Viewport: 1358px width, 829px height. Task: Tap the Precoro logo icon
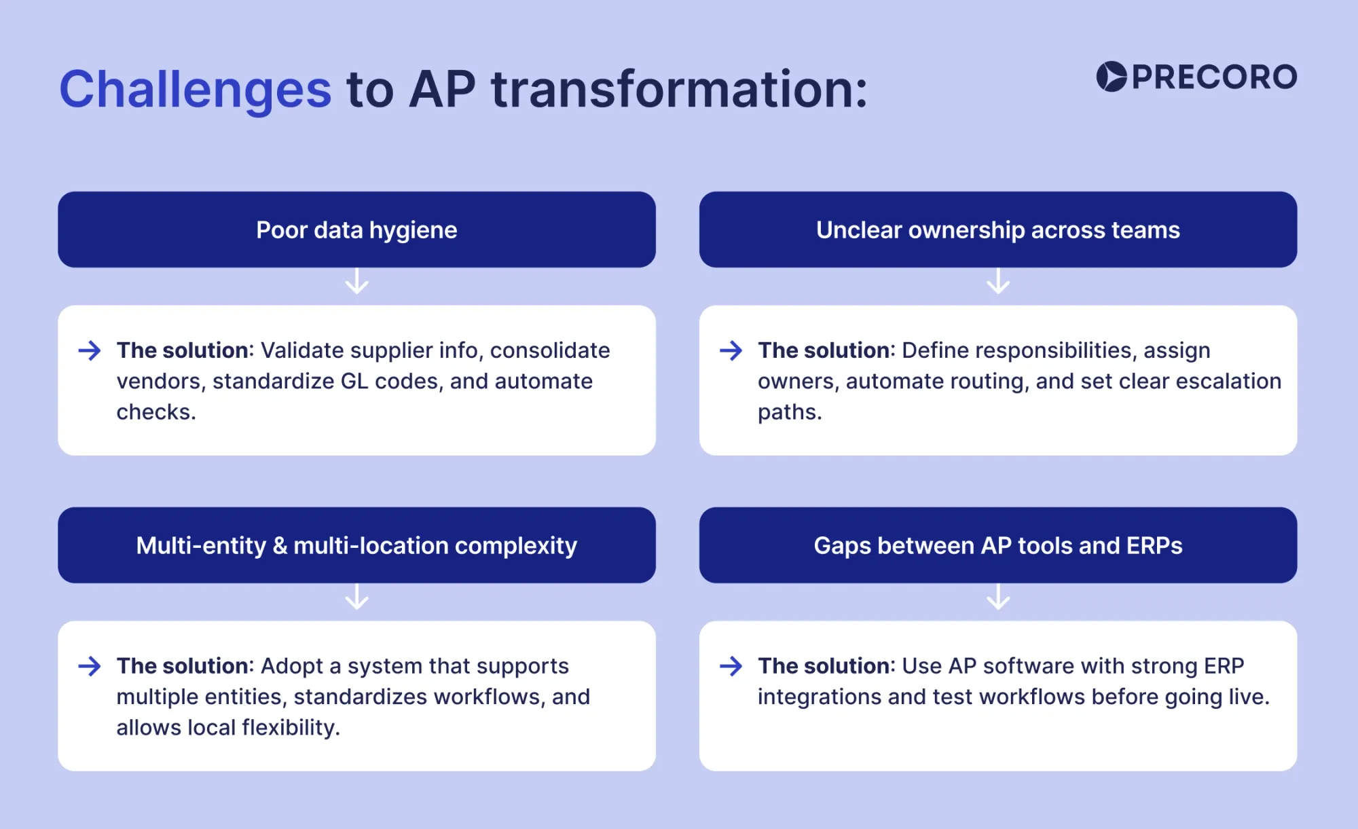(x=1112, y=77)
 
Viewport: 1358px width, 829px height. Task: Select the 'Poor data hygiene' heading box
(x=356, y=230)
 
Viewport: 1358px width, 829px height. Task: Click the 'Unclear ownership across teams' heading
(x=997, y=230)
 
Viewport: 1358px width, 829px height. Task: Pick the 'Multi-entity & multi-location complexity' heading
(x=356, y=546)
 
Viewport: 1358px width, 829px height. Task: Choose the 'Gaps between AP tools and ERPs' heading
(x=997, y=546)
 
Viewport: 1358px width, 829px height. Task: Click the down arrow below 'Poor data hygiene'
(x=356, y=282)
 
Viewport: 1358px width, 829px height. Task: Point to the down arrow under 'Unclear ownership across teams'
(x=997, y=282)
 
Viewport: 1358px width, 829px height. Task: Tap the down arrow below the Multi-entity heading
(x=356, y=597)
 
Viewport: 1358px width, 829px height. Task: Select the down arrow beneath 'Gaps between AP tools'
(x=997, y=597)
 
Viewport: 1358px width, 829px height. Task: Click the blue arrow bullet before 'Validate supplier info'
(x=90, y=350)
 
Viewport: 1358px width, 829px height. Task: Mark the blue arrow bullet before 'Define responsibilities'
(x=731, y=350)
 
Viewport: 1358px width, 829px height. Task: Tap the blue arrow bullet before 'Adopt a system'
(x=90, y=666)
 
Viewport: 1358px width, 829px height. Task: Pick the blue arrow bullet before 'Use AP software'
(x=731, y=666)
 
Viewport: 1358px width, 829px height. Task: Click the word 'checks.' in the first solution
(x=156, y=412)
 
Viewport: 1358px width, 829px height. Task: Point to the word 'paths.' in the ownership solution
(x=790, y=412)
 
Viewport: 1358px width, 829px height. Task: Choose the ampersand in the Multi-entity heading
(x=280, y=546)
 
